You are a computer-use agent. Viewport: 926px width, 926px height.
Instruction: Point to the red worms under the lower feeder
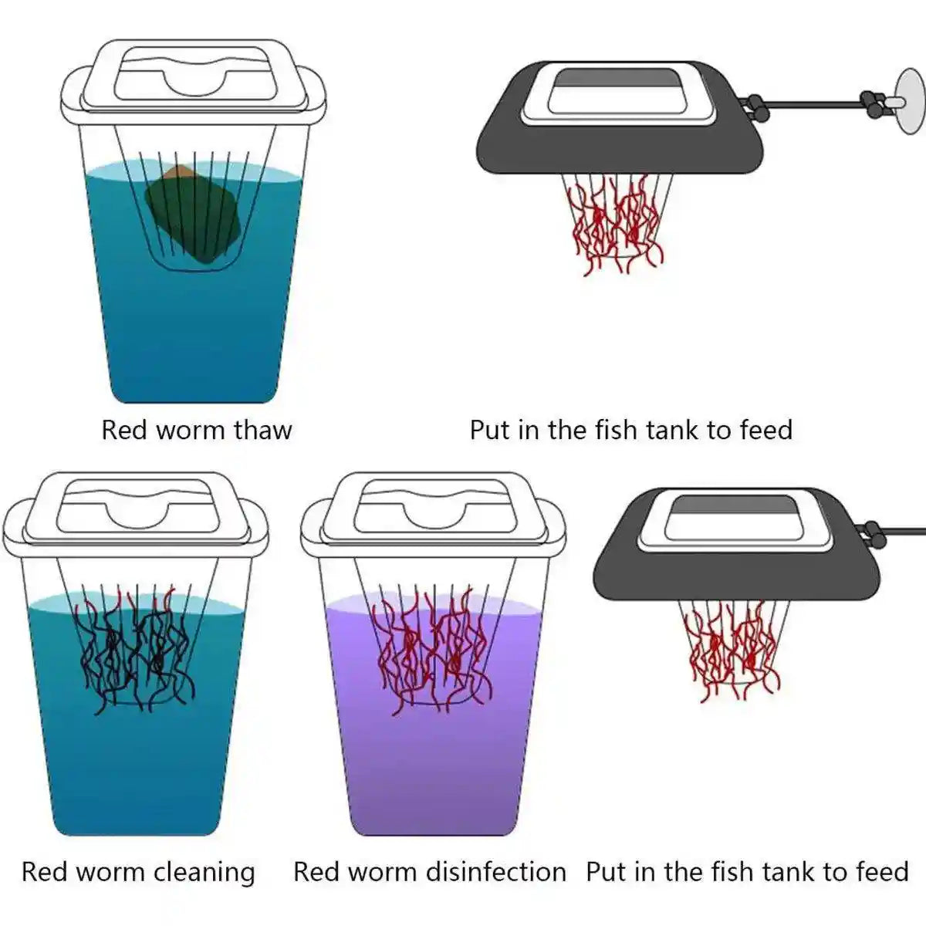[733, 648]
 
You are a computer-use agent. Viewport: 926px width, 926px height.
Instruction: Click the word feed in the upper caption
[765, 430]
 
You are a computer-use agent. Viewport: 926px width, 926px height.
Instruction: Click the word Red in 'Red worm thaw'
[124, 430]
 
